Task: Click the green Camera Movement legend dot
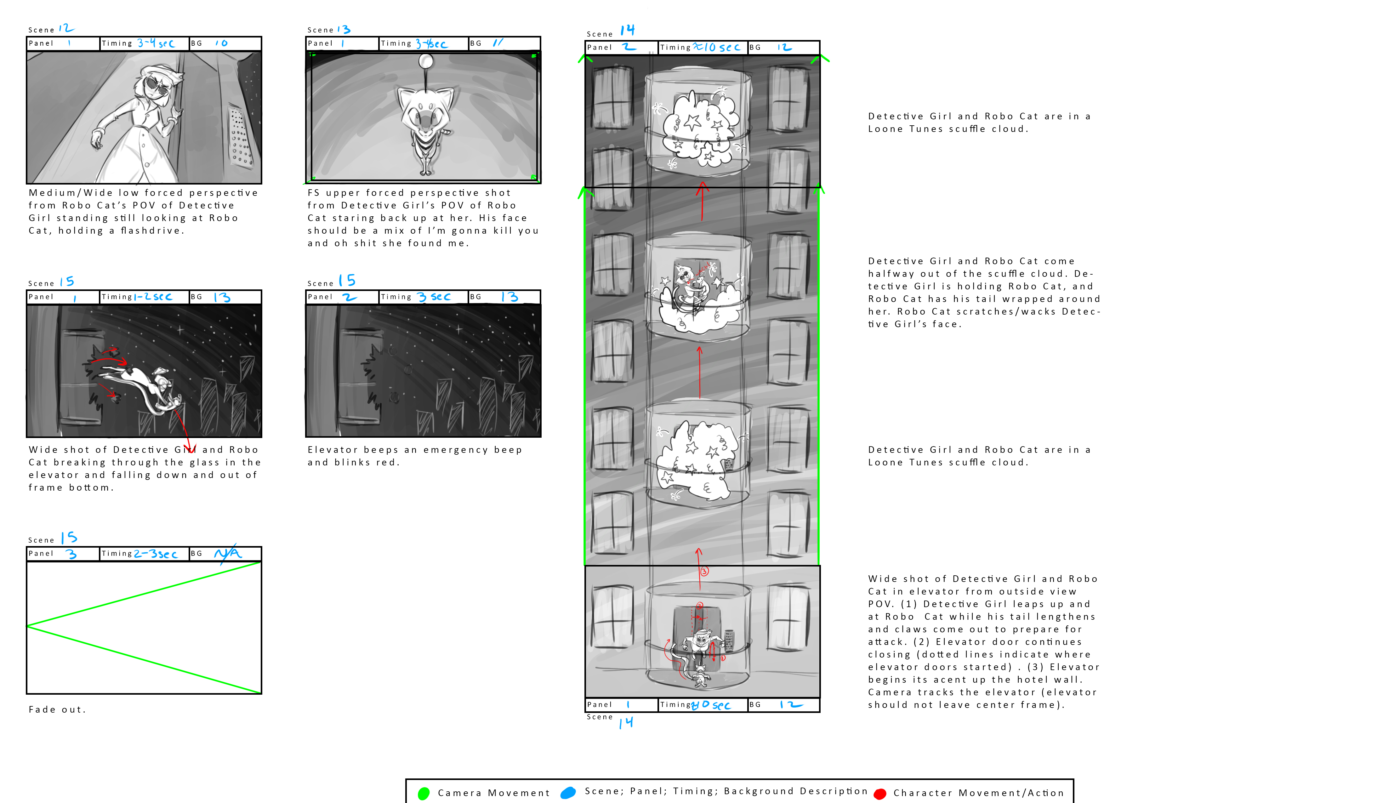424,793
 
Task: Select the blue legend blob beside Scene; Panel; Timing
568,793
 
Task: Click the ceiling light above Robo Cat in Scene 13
425,61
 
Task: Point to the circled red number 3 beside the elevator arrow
704,571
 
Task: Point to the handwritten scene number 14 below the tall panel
626,722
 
